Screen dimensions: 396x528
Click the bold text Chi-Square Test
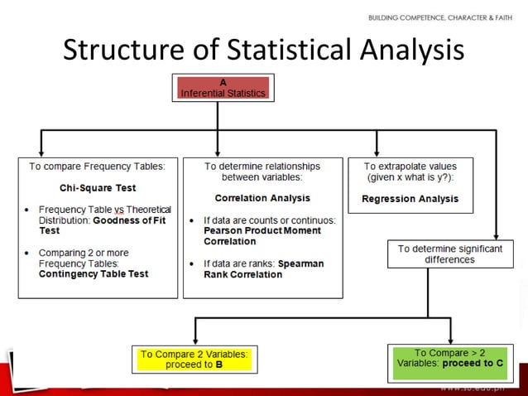(x=98, y=188)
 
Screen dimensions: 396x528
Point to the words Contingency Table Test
(x=94, y=273)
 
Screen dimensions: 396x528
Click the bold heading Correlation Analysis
(x=262, y=198)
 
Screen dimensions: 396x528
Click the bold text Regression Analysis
(x=410, y=199)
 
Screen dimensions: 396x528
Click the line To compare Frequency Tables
(x=98, y=166)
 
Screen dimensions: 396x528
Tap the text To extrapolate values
(x=410, y=166)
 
